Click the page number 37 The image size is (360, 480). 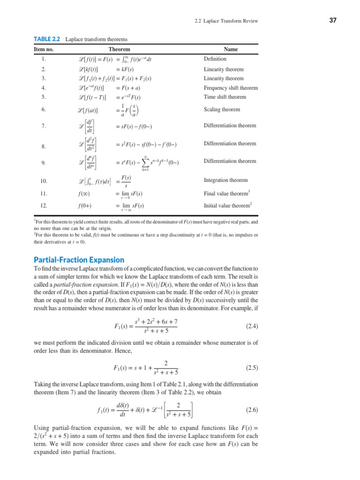click(x=333, y=21)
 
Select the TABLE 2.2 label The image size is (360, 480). click(x=47, y=39)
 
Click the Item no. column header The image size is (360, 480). click(x=44, y=49)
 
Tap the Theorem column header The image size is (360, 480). click(x=119, y=49)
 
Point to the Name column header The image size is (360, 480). click(x=231, y=49)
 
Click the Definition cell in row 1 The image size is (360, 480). click(x=215, y=59)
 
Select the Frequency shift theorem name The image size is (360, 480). click(x=231, y=88)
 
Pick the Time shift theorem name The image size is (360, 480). click(x=225, y=97)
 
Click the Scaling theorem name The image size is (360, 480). click(x=221, y=110)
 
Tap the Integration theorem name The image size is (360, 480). click(x=225, y=180)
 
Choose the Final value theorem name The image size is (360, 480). click(x=226, y=193)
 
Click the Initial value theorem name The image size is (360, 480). click(x=227, y=205)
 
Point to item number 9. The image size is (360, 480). click(x=43, y=163)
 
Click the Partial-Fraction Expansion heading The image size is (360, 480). click(x=79, y=260)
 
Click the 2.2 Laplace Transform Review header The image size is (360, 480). click(x=226, y=21)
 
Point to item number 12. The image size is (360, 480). click(x=44, y=205)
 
